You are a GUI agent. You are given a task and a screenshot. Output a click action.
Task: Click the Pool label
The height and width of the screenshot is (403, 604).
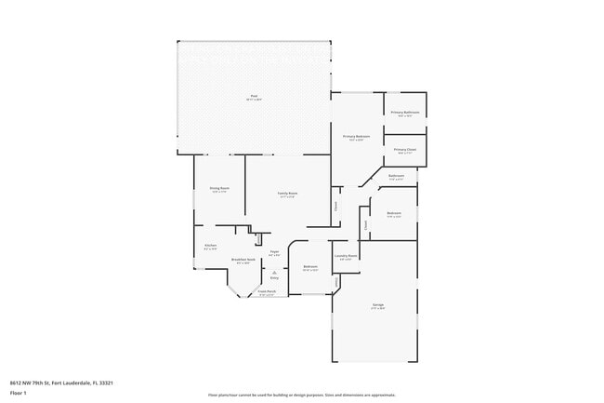click(254, 97)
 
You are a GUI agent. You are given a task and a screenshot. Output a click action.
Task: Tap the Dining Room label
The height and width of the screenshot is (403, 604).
click(219, 188)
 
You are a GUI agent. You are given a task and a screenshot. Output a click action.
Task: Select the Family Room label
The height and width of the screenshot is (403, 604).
click(286, 194)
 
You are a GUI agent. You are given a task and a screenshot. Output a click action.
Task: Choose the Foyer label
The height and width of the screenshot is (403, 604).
click(274, 252)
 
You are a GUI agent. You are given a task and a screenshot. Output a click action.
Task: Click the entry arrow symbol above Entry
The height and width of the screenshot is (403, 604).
click(273, 271)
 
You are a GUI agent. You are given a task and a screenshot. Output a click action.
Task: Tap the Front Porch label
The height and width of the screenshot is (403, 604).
click(267, 291)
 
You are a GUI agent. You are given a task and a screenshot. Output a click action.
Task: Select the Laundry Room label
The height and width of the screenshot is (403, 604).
click(346, 256)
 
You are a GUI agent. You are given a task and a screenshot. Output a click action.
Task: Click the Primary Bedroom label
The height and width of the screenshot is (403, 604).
click(356, 137)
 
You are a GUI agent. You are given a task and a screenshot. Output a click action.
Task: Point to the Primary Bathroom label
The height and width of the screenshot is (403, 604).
click(405, 113)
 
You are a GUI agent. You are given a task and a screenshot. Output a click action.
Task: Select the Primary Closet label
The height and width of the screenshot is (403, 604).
click(405, 149)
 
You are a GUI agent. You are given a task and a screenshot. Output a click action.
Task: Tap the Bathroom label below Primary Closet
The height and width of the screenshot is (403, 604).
click(396, 176)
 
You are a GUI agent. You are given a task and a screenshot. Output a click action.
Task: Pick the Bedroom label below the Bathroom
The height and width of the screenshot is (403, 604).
click(394, 214)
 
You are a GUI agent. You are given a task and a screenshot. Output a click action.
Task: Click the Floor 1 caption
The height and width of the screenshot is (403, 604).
click(19, 393)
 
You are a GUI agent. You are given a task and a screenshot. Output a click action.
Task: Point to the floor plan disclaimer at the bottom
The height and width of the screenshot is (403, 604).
click(301, 395)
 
